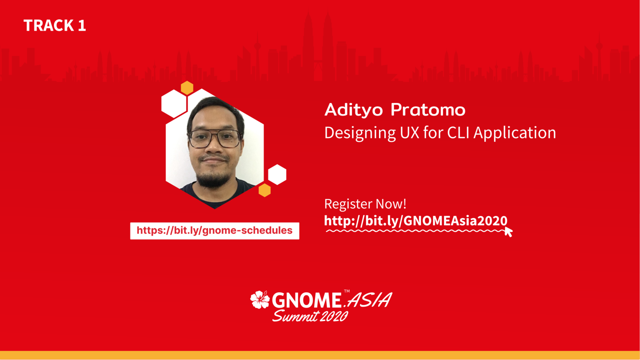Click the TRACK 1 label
(55, 25)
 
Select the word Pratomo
(428, 110)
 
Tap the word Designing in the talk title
(360, 133)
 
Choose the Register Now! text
(365, 204)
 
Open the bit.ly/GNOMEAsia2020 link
(416, 221)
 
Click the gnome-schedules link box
(214, 231)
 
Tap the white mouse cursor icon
(508, 232)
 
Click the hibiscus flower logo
(260, 299)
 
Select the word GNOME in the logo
(306, 300)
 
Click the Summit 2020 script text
(310, 316)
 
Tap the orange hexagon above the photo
(187, 88)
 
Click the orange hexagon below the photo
(265, 190)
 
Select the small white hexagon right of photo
(277, 175)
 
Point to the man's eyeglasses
(214, 138)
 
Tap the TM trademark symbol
(346, 291)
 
